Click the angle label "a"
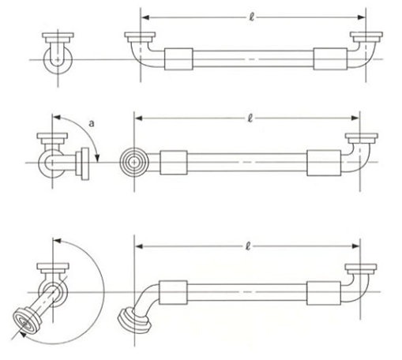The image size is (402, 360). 92,123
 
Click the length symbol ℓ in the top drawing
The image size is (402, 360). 252,17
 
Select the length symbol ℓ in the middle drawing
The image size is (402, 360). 250,118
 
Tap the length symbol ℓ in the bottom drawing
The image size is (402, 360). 248,246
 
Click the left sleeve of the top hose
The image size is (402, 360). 178,59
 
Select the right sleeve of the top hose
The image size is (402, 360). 330,59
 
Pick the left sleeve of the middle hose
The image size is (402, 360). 174,163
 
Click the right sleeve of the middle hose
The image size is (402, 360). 324,163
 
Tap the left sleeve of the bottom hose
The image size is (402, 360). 173,292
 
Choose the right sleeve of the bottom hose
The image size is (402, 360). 324,293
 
